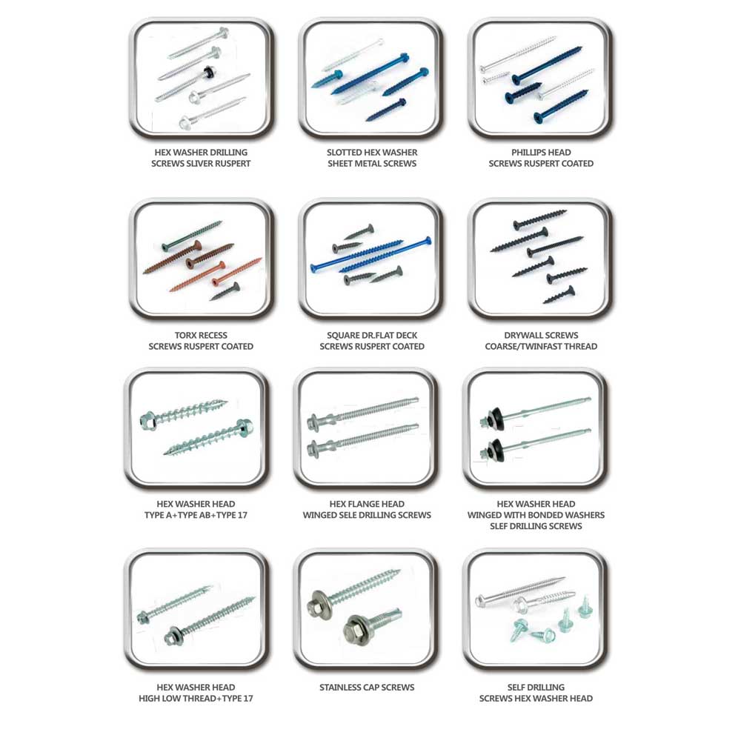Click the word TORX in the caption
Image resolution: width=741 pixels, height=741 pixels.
(186, 335)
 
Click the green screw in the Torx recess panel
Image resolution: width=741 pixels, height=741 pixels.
(192, 235)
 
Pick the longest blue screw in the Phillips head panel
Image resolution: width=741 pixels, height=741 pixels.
(548, 65)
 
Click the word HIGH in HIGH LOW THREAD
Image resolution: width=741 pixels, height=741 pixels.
(150, 699)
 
